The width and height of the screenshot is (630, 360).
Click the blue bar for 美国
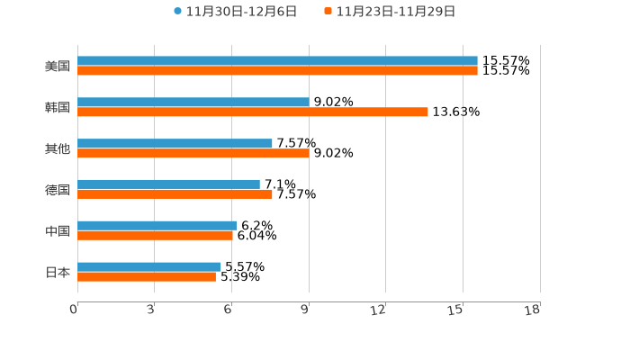coord(277,61)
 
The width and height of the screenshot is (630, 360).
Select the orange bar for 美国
coord(277,71)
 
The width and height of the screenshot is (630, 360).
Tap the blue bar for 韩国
coord(193,103)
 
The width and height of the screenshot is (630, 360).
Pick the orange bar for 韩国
coord(253,112)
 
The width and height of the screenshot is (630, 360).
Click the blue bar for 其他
coord(175,144)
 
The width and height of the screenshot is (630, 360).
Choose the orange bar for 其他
coord(193,154)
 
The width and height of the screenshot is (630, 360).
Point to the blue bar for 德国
coord(169,184)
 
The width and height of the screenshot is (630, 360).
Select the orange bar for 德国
coord(175,194)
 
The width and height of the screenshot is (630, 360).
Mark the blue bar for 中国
coord(157,226)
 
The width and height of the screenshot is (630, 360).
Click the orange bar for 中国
coord(156,236)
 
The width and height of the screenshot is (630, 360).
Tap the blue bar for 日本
coord(149,267)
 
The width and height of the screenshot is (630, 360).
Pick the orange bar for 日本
coord(147,277)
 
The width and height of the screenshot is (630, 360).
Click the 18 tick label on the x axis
coord(533,310)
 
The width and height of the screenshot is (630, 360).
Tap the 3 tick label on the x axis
coord(151,310)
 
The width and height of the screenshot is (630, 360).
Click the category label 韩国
coord(58,108)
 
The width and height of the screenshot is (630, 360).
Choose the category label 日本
coord(58,273)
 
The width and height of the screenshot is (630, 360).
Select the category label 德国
coord(58,190)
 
